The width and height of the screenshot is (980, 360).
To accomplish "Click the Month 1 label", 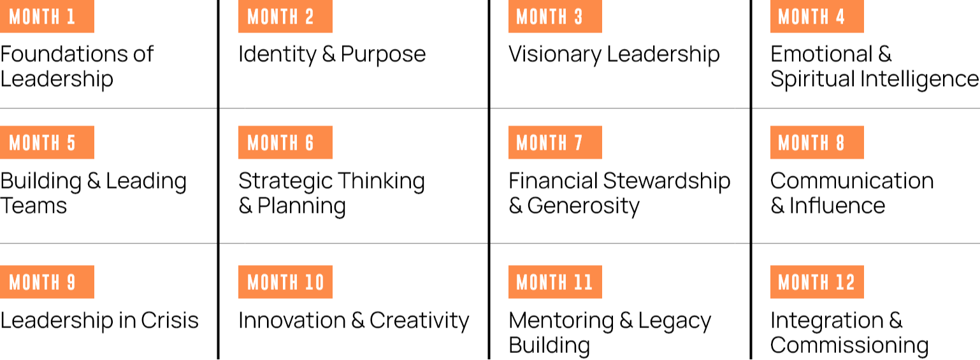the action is coord(47,17).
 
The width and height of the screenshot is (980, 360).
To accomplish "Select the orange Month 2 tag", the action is coord(285,17).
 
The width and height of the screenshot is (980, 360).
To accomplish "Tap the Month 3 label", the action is coord(555,17).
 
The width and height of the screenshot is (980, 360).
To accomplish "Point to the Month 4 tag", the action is coord(817,17).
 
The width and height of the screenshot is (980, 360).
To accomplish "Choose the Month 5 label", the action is coord(47,142).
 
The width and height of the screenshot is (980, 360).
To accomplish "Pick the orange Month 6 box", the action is coord(285,142).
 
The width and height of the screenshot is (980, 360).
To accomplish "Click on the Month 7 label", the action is coord(555,142).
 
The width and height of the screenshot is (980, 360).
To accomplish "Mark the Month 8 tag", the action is coord(817,142).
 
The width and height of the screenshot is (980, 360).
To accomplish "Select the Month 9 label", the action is coord(47,282).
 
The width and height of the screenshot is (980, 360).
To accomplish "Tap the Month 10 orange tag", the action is coord(285,282).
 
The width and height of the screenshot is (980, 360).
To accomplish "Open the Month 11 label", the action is coord(555,282).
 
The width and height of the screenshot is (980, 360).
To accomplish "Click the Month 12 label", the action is coord(817,282).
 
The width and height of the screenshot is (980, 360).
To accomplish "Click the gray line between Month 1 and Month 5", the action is coord(108,108).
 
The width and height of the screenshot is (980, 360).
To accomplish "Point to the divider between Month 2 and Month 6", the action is coord(354,108).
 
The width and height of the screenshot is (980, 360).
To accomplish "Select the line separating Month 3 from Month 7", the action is coord(620,108).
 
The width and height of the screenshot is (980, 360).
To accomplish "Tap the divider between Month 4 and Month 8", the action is coord(866,108).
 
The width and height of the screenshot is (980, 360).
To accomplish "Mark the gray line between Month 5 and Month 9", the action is coord(108,243).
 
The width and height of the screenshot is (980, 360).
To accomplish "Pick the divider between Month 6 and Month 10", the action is coord(354,243).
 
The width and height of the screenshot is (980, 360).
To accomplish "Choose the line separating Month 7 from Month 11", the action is coord(620,243).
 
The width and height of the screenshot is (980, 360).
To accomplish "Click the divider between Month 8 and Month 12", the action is coord(866,243).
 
